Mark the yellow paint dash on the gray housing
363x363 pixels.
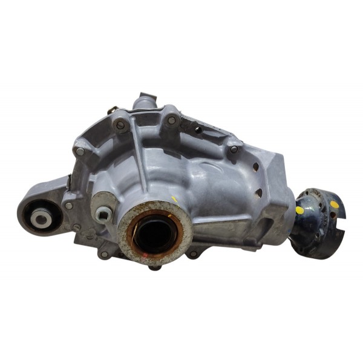174,198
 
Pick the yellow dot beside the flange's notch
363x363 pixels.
335,204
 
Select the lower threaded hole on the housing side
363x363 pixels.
259,192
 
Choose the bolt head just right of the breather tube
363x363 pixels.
171,120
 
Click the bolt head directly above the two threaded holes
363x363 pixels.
234,149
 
